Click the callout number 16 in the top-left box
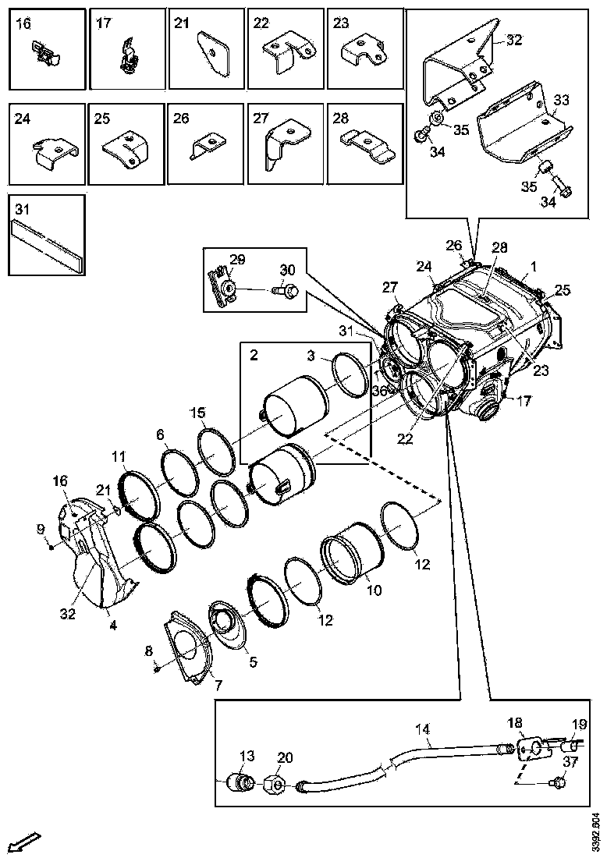click(x=23, y=24)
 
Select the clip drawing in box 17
click(x=128, y=58)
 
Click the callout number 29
click(x=237, y=259)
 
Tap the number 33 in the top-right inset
click(x=562, y=100)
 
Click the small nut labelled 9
click(x=51, y=546)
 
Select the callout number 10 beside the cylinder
click(x=374, y=590)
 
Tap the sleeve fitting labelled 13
click(x=238, y=782)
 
